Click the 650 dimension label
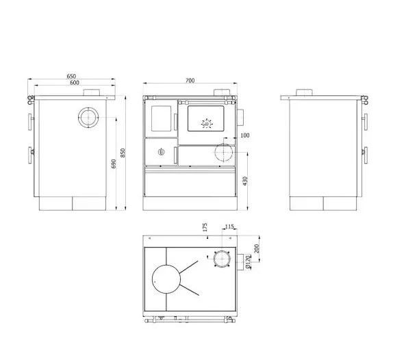pos(71,76)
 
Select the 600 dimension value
pos(75,83)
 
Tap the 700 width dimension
pos(190,80)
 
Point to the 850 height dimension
pos(123,153)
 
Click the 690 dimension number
pos(114,164)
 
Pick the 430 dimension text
pos(245,181)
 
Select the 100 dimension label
pos(245,136)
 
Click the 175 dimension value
pos(205,227)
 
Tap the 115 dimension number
pos(229,227)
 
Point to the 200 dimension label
pos(256,248)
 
